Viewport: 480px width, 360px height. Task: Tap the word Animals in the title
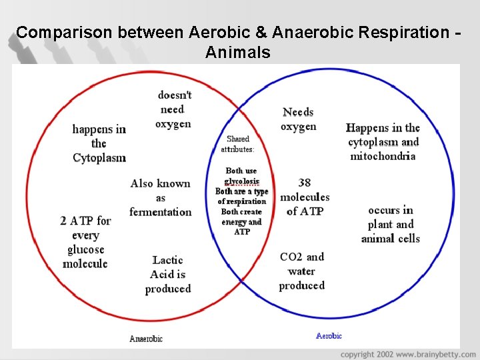coord(238,52)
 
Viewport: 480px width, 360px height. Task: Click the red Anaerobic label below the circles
coord(146,339)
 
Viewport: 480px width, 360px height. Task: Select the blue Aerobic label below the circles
coord(329,336)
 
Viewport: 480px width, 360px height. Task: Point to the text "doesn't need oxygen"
coord(174,109)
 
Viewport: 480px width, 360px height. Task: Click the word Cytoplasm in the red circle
coord(99,158)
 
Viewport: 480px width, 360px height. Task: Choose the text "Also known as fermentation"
coord(161,197)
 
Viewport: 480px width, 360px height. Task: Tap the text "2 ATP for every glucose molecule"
coord(85,242)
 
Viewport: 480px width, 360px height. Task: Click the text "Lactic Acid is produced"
coord(168,274)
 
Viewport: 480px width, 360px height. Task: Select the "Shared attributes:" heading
coord(238,144)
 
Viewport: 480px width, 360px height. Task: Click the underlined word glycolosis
coord(242,181)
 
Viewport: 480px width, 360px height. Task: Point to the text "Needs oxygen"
coord(298,119)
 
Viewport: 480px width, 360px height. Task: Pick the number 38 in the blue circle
coord(305,183)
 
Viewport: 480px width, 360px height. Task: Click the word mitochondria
coord(383,156)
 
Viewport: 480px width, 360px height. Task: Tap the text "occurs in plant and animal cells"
coord(391,224)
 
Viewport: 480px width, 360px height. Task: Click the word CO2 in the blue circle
coord(291,257)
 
